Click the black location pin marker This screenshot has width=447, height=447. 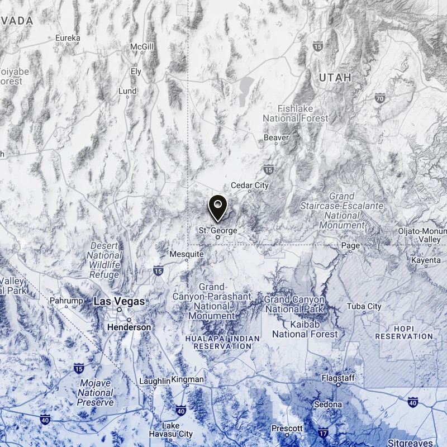217,208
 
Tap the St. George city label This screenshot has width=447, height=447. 218,230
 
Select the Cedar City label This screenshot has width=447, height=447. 250,185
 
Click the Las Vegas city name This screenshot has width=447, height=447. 119,301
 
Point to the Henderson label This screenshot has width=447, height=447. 129,327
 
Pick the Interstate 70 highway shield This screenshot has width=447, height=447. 380,98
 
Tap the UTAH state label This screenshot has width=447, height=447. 335,78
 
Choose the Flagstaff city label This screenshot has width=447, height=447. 338,378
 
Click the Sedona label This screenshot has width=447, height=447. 328,404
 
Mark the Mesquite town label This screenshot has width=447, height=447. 187,254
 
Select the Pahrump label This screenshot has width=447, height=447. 66,301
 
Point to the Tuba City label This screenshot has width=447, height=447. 364,306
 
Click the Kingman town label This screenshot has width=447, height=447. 188,380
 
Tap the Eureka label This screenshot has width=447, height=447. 68,38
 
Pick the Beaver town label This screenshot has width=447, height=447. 277,137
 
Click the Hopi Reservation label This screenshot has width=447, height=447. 404,332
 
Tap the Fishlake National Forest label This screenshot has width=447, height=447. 296,113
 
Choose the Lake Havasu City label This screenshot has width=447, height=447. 171,429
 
